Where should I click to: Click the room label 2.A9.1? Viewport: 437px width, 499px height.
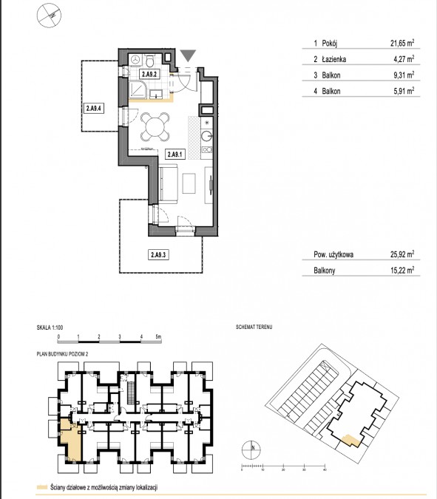coord(175,155)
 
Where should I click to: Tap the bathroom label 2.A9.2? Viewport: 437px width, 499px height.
coord(149,74)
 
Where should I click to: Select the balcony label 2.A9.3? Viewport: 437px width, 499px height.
coord(158,254)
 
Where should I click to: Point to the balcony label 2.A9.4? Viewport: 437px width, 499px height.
coord(94,108)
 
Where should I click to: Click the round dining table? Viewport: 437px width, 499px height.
coord(155,126)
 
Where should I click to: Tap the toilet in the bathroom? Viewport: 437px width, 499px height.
coord(150,61)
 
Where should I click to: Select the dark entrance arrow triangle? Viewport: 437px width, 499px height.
coord(188,55)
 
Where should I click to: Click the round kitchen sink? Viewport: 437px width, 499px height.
coord(206,136)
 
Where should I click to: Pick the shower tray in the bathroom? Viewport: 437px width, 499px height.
coord(138,89)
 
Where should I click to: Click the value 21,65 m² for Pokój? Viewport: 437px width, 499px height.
coord(402,43)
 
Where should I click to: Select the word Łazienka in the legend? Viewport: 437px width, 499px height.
coord(334,59)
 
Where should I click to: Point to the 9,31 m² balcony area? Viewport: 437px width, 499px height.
coord(404,75)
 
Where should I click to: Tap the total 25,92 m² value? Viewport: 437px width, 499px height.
coord(402,254)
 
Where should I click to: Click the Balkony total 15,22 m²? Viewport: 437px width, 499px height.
coord(402,270)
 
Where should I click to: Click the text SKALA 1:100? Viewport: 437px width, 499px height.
coord(50,327)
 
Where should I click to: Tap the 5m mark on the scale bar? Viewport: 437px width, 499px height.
coord(158,336)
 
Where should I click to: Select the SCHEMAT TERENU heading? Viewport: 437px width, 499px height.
coord(254,327)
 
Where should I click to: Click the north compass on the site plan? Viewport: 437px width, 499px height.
coord(251,450)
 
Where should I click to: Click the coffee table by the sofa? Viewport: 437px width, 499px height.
coord(189,183)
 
